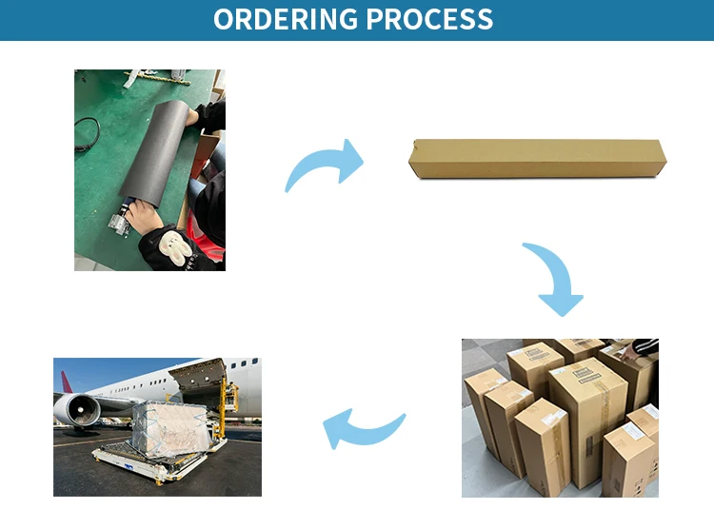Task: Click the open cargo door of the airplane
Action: [199, 374]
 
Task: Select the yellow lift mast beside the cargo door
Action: [229, 400]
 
